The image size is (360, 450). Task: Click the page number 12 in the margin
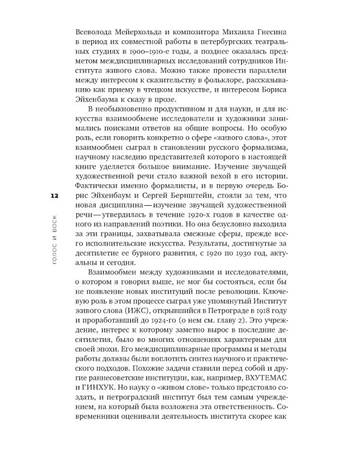coord(55,196)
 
